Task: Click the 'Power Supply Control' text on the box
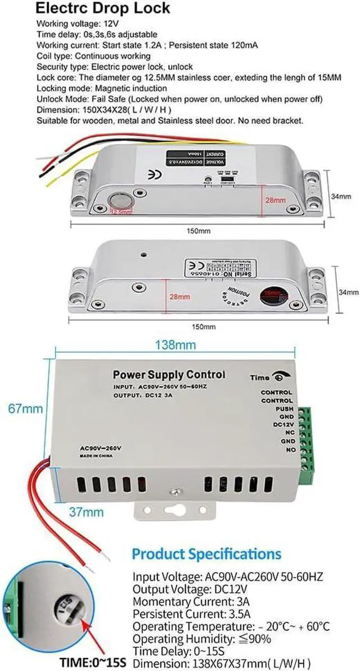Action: click(169, 374)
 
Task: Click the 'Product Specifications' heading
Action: click(206, 553)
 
